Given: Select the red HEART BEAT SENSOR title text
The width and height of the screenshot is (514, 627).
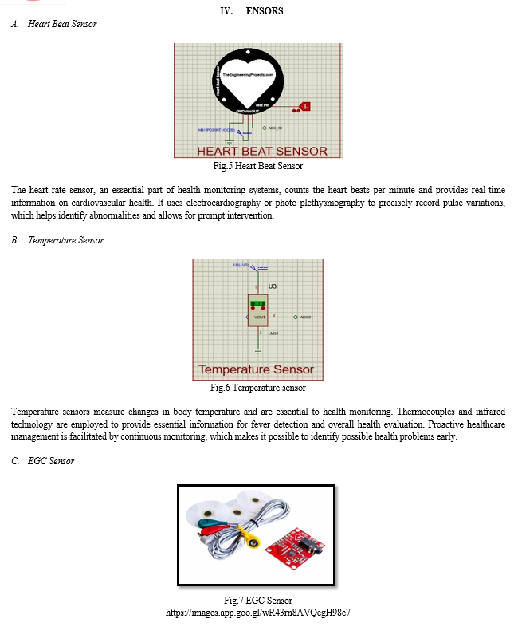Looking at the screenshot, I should [x=262, y=152].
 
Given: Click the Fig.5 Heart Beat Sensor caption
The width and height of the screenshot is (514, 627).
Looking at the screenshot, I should [x=257, y=167].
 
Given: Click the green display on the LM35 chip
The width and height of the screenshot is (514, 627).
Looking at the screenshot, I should [x=257, y=304].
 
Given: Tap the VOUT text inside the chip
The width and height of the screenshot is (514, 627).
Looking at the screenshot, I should [x=258, y=317].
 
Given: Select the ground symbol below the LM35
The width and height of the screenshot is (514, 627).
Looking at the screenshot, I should [x=257, y=349].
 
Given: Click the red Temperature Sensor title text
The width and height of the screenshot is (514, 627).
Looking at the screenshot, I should [x=256, y=369].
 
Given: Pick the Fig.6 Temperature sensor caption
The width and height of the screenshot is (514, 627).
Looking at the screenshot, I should [x=257, y=388].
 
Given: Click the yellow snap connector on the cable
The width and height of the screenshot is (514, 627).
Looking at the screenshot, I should [x=253, y=543].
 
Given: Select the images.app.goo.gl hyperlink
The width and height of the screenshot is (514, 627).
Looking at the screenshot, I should [x=257, y=613].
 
